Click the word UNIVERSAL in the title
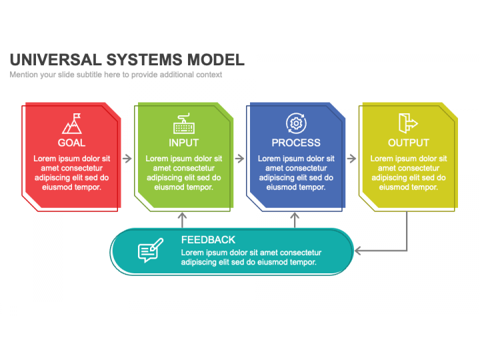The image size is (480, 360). pyautogui.click(x=56, y=60)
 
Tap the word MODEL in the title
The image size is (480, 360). pyautogui.click(x=216, y=60)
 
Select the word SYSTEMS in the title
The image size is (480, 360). pyautogui.click(x=144, y=60)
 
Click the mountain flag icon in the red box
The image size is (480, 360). pyautogui.click(x=71, y=123)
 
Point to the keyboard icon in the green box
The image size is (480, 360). pyautogui.click(x=184, y=123)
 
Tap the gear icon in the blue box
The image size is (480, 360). pyautogui.click(x=296, y=123)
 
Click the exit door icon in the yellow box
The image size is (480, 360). pyautogui.click(x=408, y=123)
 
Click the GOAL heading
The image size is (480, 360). pyautogui.click(x=71, y=143)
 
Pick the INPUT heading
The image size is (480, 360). pyautogui.click(x=184, y=143)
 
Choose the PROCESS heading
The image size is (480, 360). pyautogui.click(x=296, y=143)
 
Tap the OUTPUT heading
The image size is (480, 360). pyautogui.click(x=409, y=143)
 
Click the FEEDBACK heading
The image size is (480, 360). pyautogui.click(x=208, y=240)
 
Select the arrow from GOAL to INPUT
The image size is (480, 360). pyautogui.click(x=127, y=159)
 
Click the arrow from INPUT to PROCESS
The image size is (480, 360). pyautogui.click(x=239, y=159)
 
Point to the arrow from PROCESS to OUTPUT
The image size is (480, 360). pyautogui.click(x=351, y=159)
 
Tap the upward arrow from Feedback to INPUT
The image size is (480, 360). pyautogui.click(x=183, y=220)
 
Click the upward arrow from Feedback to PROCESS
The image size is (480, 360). pyautogui.click(x=295, y=220)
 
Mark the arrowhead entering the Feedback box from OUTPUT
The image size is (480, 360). pyautogui.click(x=357, y=251)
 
